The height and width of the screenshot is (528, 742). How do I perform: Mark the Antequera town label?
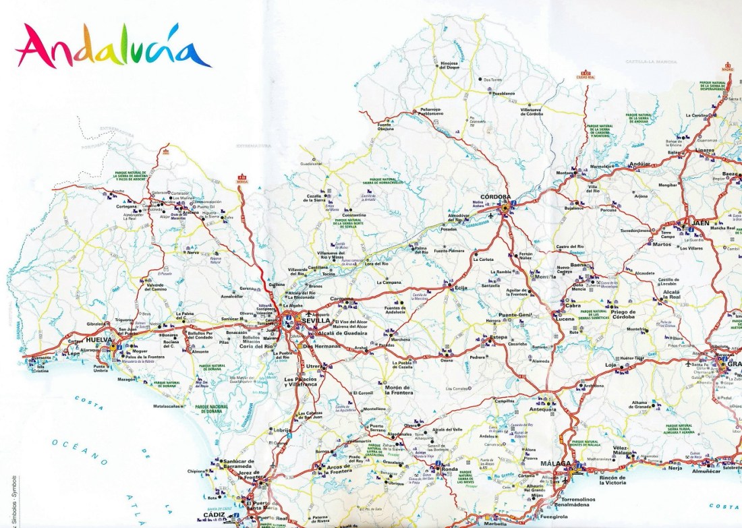[x=543, y=409]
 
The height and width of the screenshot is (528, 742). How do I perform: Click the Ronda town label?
[x=449, y=469]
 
